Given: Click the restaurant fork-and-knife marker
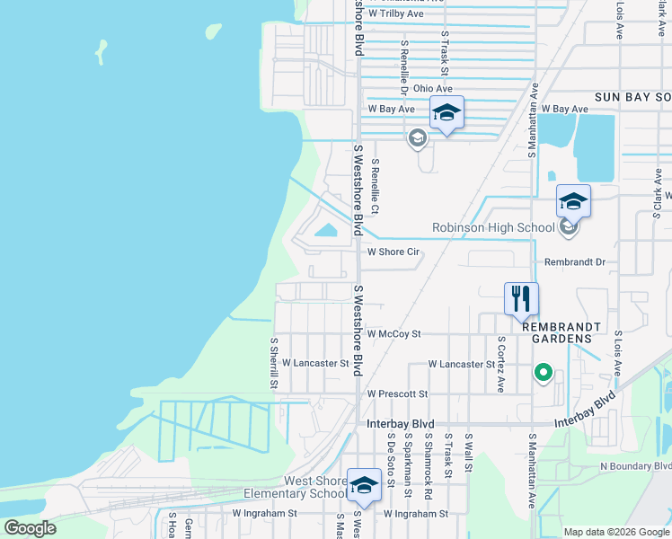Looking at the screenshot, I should [x=521, y=299].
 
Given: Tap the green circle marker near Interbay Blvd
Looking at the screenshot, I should [x=543, y=371].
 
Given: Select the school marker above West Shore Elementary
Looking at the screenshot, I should [x=364, y=486].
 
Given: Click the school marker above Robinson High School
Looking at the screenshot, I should [x=573, y=202].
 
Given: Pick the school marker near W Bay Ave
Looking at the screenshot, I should [x=447, y=113].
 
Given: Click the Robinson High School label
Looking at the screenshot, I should [x=493, y=227].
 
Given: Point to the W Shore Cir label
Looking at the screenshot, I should [x=394, y=252].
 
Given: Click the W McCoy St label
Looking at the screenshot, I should [x=394, y=333].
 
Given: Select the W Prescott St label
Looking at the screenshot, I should [x=398, y=393].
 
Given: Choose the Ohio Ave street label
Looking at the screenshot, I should [x=433, y=88].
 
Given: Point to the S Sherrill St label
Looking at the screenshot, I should [x=274, y=364].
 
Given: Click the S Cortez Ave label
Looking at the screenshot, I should [x=501, y=365].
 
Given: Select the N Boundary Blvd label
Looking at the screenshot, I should [x=635, y=466].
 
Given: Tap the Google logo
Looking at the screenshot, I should [x=31, y=528].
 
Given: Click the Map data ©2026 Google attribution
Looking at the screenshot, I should [x=615, y=531].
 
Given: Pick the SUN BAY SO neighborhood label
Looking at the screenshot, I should [x=632, y=96].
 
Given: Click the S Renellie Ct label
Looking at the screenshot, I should [x=376, y=186].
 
